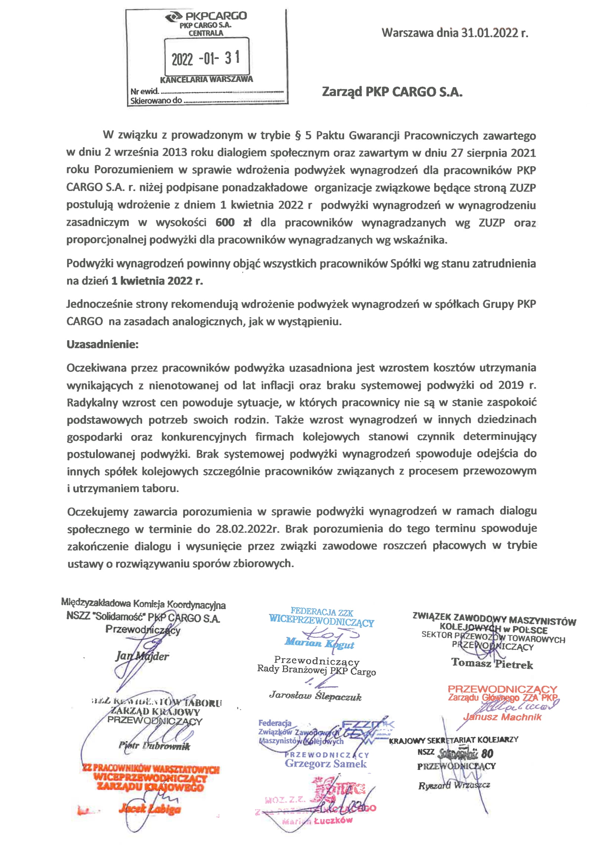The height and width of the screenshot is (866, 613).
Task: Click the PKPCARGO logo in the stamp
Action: tap(206, 16)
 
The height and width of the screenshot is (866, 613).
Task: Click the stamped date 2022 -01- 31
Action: tap(206, 59)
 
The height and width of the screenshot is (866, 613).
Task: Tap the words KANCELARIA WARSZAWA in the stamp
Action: tap(207, 80)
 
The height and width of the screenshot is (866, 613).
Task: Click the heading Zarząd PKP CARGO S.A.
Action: tap(392, 92)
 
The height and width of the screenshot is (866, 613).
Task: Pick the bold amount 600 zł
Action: tap(233, 223)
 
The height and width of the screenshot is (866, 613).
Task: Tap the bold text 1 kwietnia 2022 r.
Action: tap(156, 281)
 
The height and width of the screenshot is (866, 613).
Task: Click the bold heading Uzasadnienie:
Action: tap(102, 344)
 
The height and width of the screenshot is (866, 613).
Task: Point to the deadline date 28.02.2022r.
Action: tap(247, 529)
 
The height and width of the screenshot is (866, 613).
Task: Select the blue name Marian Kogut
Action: tap(319, 643)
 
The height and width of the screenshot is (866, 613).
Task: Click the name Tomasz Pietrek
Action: tap(492, 663)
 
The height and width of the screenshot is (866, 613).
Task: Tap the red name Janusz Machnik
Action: tap(502, 717)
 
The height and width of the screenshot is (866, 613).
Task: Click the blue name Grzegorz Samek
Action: tap(325, 764)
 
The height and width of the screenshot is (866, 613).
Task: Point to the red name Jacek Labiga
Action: tap(150, 809)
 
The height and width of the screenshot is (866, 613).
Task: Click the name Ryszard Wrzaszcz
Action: tap(454, 786)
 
